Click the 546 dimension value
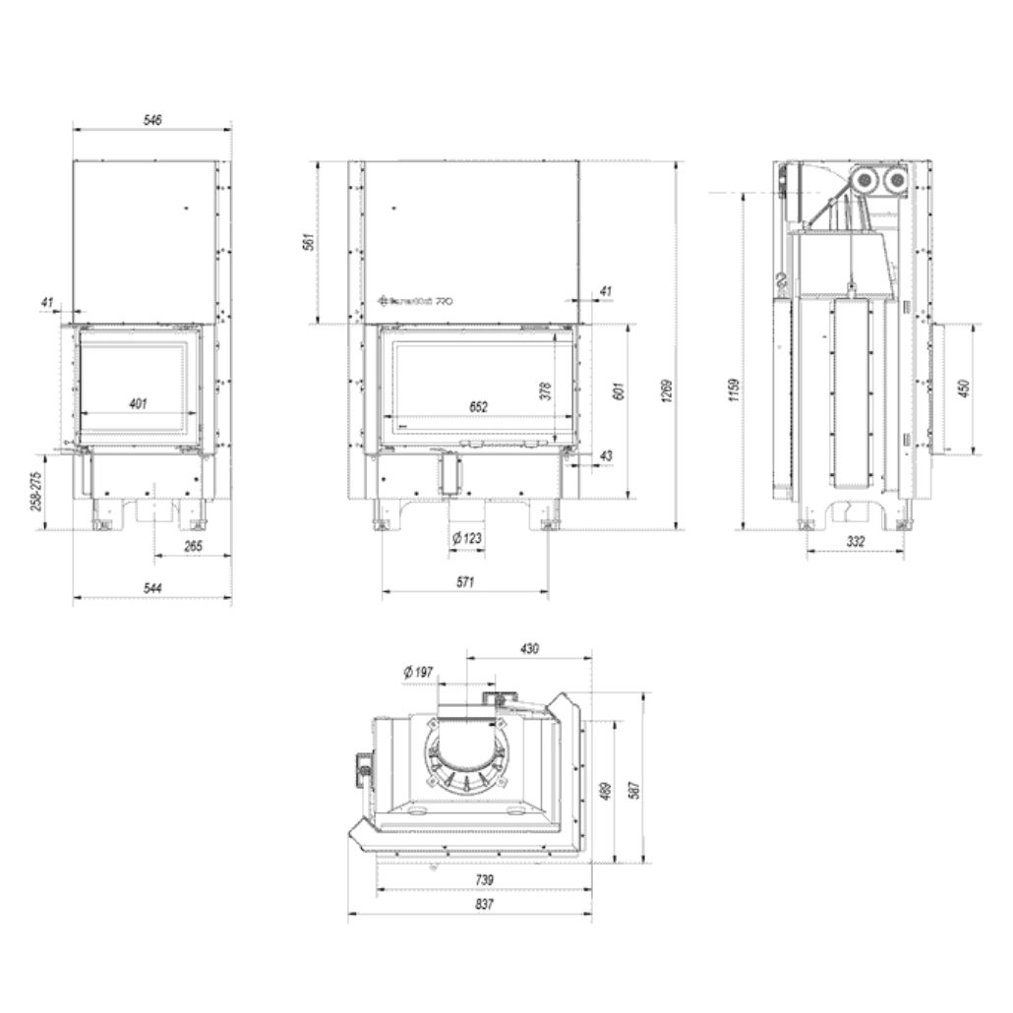coord(152,119)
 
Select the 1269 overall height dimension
coord(667,393)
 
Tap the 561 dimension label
coord(307,240)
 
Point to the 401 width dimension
coord(138,403)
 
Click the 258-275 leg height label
coord(36,491)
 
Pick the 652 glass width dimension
coord(478,406)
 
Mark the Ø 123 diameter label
coord(465,538)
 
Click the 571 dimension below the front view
coord(465,582)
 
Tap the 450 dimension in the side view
coord(963,388)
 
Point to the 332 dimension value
coord(855,541)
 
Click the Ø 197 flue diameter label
coord(418,673)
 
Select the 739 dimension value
coord(483,879)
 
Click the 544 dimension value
coord(152,588)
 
